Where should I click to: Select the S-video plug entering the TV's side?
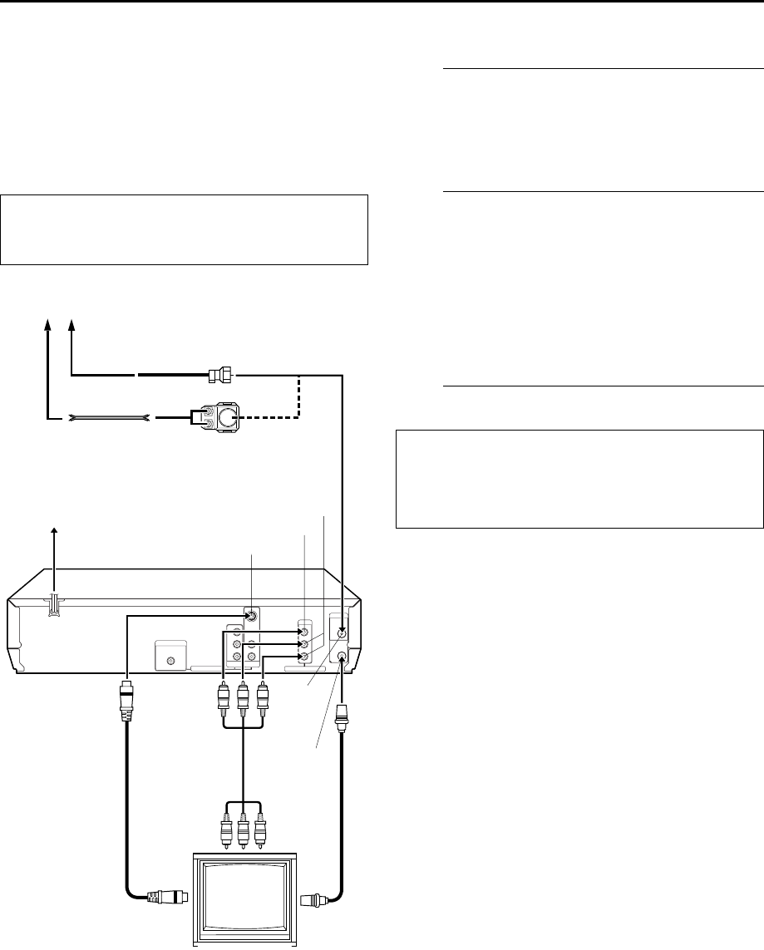[168, 897]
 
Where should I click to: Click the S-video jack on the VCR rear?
[250, 618]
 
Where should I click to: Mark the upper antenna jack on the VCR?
[342, 632]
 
